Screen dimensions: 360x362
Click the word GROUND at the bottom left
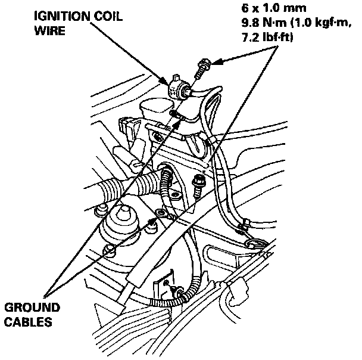32,309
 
